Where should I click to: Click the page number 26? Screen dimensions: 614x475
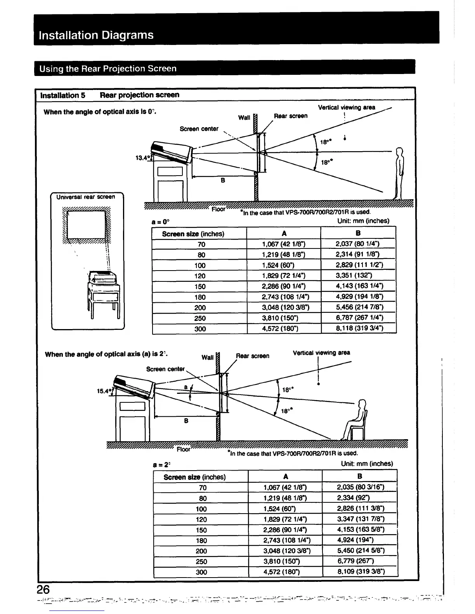pos(43,590)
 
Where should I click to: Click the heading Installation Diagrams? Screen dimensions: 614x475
pos(96,35)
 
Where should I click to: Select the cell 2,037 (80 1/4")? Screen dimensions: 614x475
pos(357,244)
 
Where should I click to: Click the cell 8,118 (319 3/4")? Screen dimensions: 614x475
pos(357,329)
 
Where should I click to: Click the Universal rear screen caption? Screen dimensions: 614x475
pos(86,197)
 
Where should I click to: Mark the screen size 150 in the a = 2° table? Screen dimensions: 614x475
pos(201,530)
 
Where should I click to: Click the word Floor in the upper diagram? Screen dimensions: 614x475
pos(218,209)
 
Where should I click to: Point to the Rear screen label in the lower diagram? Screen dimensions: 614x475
pos(253,356)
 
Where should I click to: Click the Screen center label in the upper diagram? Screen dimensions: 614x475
pos(199,129)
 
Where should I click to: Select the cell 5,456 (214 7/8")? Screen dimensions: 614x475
pos(357,307)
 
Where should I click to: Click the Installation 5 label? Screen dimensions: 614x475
pos(63,95)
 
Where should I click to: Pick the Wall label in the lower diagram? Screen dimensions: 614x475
pos(208,357)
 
